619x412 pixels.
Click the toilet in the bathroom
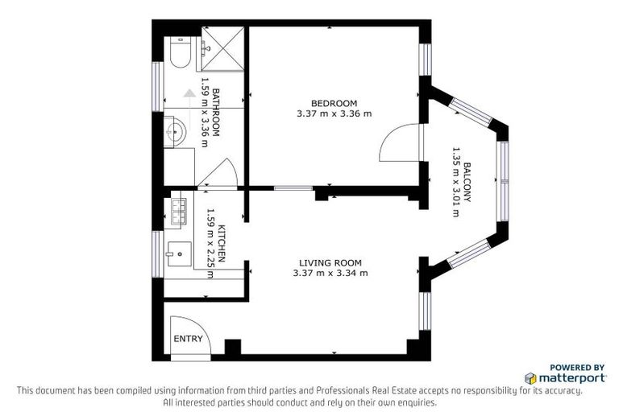[179, 53]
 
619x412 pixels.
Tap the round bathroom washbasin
[175, 129]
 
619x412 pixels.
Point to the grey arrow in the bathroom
[189, 93]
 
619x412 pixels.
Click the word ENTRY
[188, 339]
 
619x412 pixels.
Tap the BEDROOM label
[334, 103]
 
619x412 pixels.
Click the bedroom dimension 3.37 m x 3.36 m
[334, 113]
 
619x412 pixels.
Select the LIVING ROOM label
[330, 262]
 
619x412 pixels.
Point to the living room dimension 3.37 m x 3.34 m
[330, 274]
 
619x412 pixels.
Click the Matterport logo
[564, 377]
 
